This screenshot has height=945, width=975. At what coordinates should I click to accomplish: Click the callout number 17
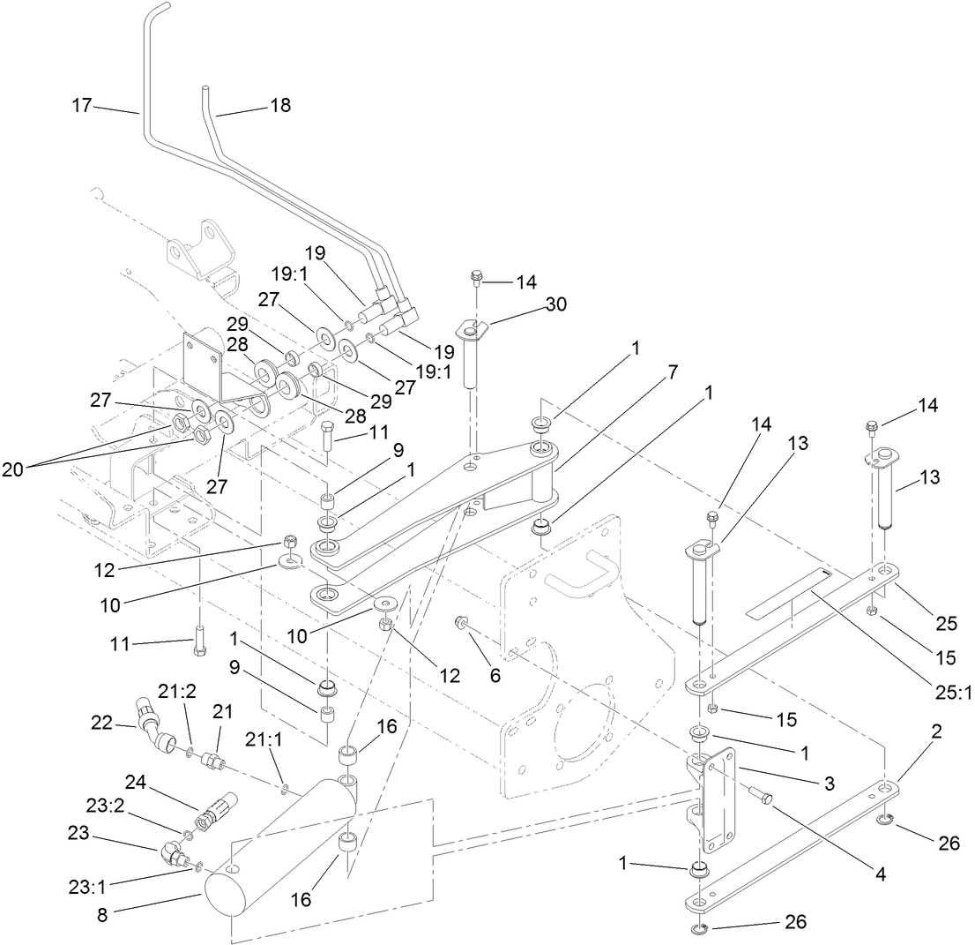[81, 105]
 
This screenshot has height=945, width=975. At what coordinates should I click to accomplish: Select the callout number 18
[279, 105]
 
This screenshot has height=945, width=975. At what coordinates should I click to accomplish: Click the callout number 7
[673, 371]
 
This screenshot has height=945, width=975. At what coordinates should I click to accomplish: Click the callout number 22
[102, 723]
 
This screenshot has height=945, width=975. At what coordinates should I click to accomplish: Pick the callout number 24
[134, 781]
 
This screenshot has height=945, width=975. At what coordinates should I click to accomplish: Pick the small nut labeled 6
[460, 624]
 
